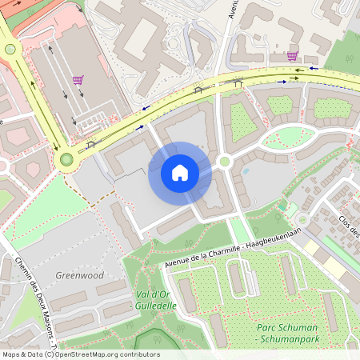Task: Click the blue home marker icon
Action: pos(180,173)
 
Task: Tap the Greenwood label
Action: pos(80,275)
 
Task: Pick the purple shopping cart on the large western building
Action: pos(78,79)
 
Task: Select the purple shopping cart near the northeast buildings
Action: pos(292,56)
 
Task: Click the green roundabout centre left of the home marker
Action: pos(66,158)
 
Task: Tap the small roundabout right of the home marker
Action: pos(225,162)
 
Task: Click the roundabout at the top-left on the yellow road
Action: pos(10,49)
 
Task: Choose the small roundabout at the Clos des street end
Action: pos(303,219)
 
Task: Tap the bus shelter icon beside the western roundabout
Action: pos(90,144)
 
